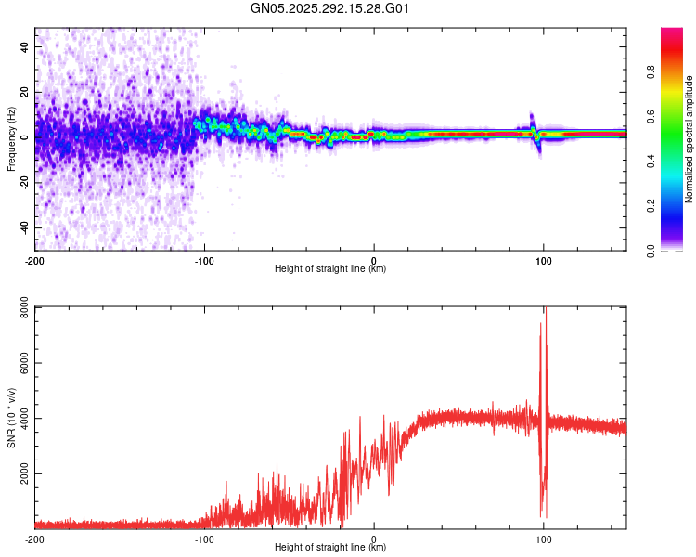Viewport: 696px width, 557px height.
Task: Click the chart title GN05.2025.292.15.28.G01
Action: click(x=330, y=8)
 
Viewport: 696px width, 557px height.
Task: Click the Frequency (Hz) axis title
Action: click(x=11, y=139)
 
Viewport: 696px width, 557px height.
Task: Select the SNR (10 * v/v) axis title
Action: click(x=11, y=417)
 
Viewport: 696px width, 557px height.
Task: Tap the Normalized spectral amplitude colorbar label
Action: click(x=690, y=139)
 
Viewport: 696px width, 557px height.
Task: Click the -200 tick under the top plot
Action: click(x=35, y=260)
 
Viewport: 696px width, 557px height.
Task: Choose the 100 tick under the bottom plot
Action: click(x=544, y=538)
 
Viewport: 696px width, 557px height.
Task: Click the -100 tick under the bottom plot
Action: click(x=204, y=538)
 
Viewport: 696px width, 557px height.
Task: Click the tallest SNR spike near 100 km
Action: click(x=546, y=310)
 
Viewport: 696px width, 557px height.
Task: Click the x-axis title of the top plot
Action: click(x=330, y=269)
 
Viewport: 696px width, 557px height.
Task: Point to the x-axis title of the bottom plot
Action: click(x=330, y=548)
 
